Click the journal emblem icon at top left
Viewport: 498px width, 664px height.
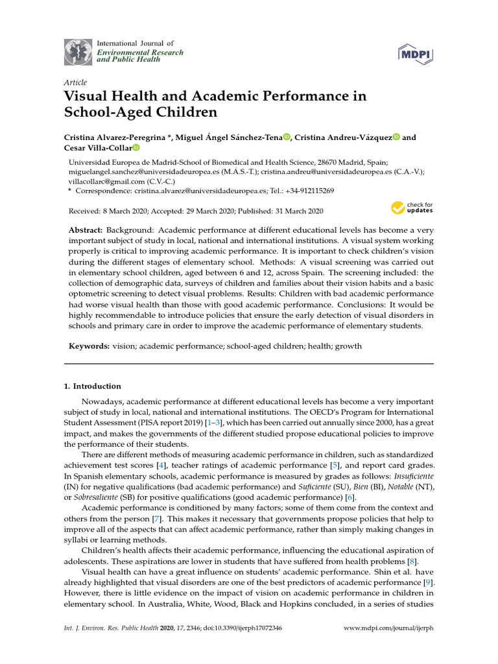pyautogui.click(x=78, y=51)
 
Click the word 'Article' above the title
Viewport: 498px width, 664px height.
pyautogui.click(x=75, y=83)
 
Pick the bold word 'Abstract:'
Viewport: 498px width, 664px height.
pyautogui.click(x=86, y=231)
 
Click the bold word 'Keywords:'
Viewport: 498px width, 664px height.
pyautogui.click(x=89, y=346)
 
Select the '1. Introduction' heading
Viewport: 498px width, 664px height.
pyautogui.click(x=92, y=386)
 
